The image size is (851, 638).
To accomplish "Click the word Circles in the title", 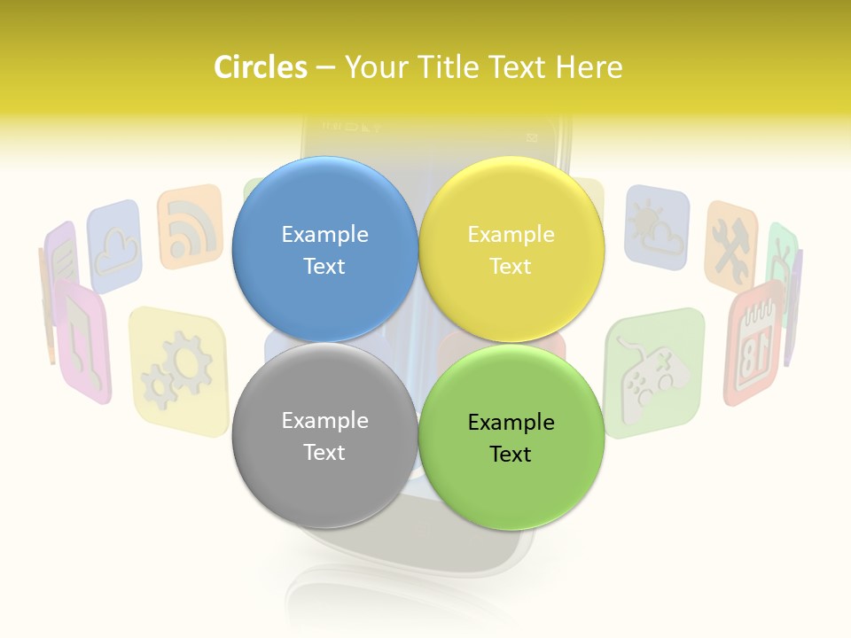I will pos(261,67).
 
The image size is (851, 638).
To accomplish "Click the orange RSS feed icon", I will pos(190,226).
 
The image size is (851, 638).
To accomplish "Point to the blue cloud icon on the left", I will pos(115,245).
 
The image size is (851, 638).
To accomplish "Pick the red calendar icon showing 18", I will pos(754,341).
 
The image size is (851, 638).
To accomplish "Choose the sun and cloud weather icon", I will pos(656,226).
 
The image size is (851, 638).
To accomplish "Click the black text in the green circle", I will pos(511,438).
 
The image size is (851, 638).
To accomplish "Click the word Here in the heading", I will pos(589,67).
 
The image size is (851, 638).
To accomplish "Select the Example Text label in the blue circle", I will pos(324,250).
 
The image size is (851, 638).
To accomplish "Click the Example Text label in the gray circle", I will pos(324,436).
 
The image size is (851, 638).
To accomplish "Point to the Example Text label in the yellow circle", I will pos(511,250).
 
